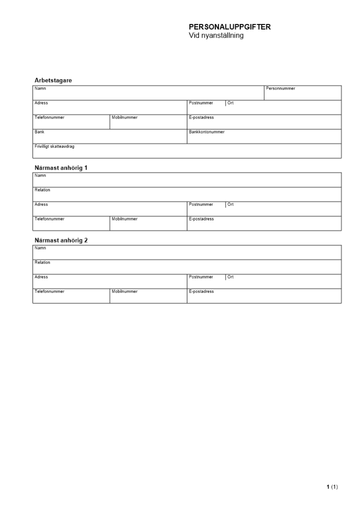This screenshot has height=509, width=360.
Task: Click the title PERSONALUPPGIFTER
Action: point(230,27)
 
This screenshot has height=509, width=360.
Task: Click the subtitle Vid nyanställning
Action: point(216,36)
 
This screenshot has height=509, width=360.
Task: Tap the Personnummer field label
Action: point(280,89)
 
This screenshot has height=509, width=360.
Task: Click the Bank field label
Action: point(39,132)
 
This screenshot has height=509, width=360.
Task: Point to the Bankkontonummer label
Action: point(206,132)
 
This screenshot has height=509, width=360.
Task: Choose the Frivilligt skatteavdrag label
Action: point(54,147)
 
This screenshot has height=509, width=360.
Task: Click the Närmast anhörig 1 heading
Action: point(61,167)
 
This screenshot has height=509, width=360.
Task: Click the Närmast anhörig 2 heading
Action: point(61,240)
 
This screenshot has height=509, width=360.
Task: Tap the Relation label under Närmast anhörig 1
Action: point(42,190)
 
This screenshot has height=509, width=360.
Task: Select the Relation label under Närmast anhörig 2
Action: point(42,263)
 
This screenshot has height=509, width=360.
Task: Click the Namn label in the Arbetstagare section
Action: point(40,89)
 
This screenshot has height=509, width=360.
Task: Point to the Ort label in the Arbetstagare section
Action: point(231,103)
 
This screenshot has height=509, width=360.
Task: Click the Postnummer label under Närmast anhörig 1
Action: point(201,205)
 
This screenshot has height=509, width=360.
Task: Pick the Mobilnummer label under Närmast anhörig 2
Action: point(124,292)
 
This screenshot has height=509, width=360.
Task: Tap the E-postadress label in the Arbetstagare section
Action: point(201,118)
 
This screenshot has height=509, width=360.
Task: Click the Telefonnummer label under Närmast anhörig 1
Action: point(49,219)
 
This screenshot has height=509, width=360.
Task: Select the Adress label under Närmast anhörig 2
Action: point(41,277)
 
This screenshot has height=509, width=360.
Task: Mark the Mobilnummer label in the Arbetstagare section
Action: point(124,118)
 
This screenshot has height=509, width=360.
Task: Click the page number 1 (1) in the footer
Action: point(332,487)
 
